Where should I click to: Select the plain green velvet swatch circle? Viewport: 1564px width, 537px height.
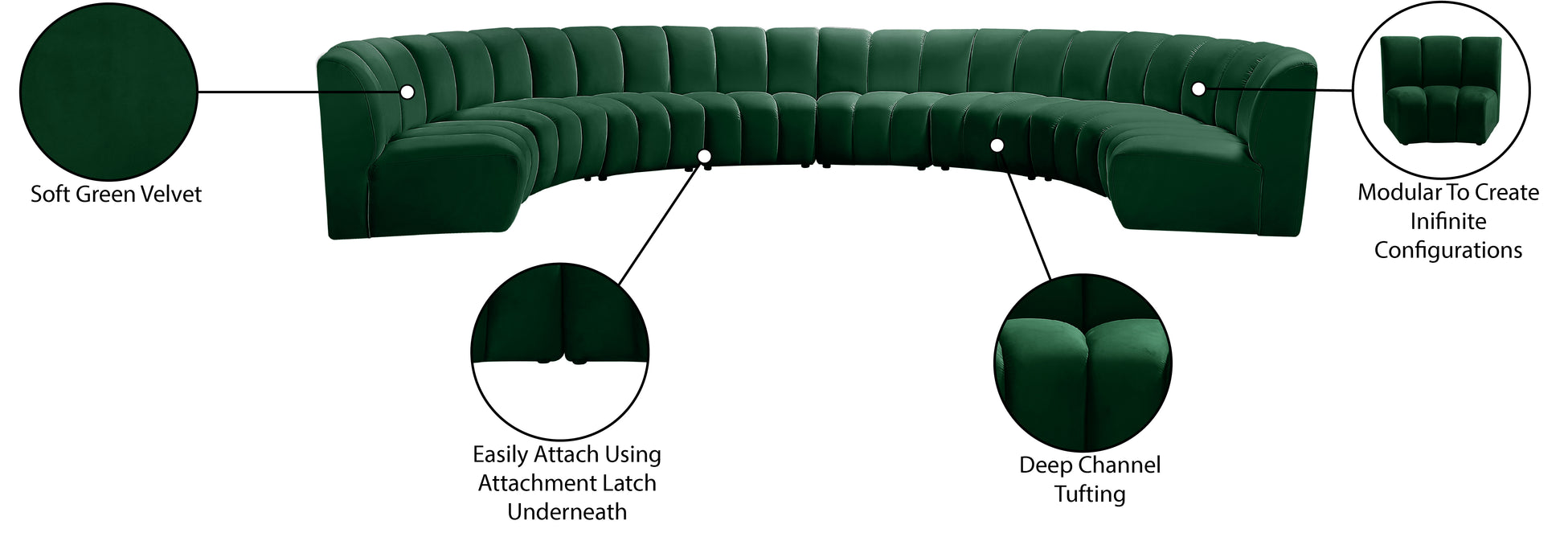click(108, 91)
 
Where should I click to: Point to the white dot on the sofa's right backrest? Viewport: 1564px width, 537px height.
click(1198, 88)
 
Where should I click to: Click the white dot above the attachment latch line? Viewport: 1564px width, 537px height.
click(705, 156)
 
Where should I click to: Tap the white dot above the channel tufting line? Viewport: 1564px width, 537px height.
click(997, 146)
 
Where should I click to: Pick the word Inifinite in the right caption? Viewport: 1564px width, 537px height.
click(1448, 222)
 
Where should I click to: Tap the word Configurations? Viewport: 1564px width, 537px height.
click(1448, 251)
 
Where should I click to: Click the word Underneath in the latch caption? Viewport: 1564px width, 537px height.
click(567, 512)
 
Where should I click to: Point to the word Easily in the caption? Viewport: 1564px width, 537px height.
click(499, 456)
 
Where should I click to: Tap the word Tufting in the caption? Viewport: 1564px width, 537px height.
click(1090, 494)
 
